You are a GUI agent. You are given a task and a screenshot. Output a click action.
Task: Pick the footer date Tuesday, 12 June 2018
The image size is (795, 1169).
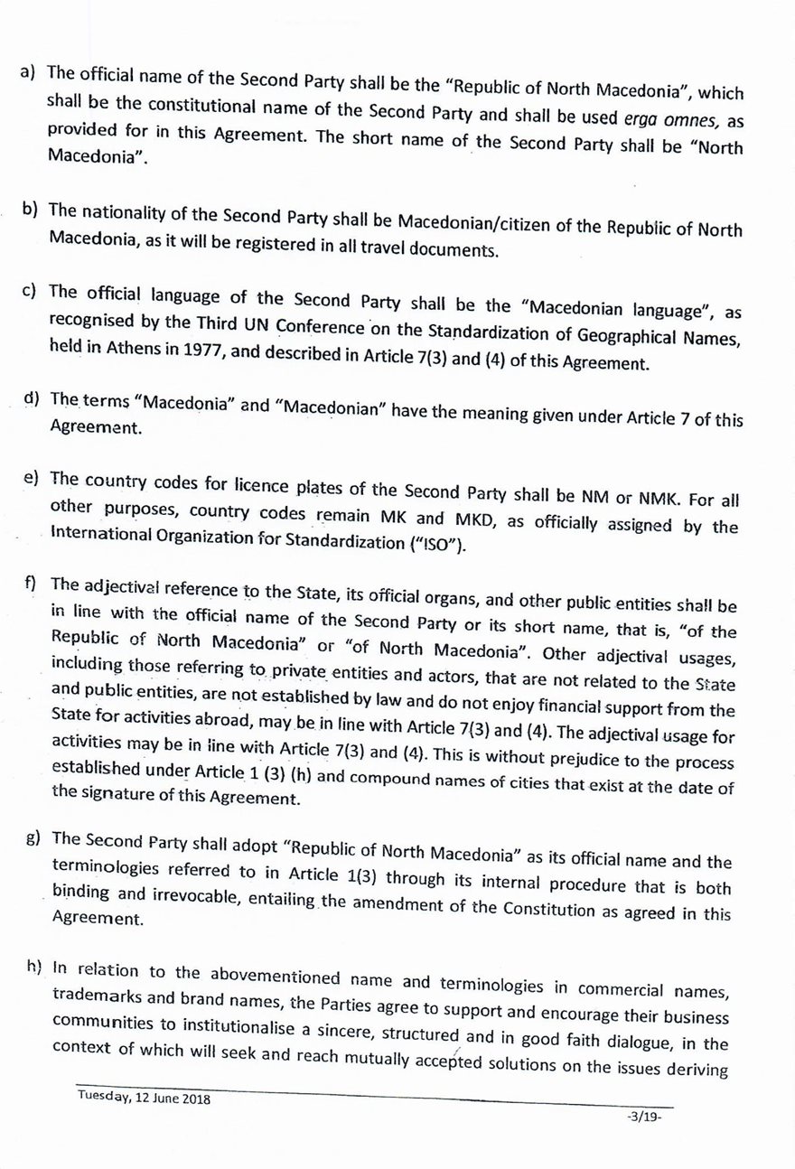point(144,1099)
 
